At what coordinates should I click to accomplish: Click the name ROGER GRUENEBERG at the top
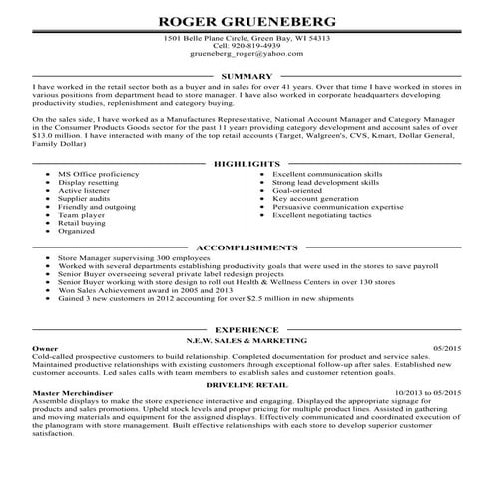247,19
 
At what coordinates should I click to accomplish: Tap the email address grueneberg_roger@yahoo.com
247,56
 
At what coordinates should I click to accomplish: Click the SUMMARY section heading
247,76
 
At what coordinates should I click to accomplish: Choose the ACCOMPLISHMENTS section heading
247,245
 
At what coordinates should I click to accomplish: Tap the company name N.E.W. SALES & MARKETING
247,339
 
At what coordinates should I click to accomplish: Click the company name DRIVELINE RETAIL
247,383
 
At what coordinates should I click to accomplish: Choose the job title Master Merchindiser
70,393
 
